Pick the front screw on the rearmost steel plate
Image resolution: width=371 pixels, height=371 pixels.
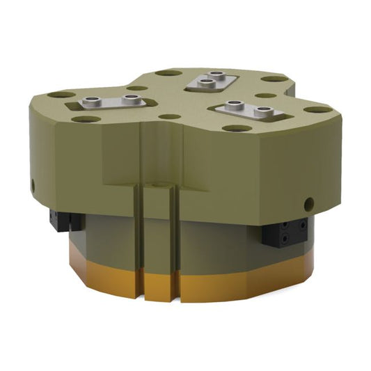(x=206, y=84)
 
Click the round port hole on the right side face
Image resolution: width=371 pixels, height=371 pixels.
(x=307, y=204)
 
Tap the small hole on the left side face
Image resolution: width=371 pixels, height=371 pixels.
(x=34, y=184)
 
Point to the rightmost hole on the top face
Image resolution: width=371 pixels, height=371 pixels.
(x=318, y=109)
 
